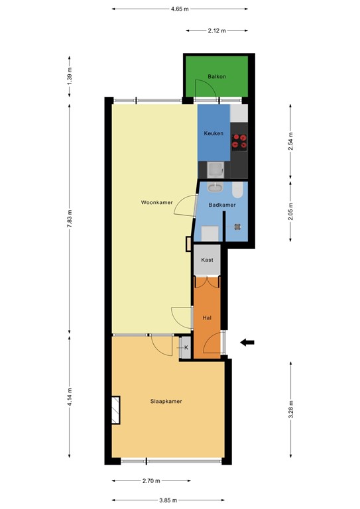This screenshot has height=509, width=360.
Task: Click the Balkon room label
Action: coord(216,77)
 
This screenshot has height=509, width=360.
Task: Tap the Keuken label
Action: coord(213,133)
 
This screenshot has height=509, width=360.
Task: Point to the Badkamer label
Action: coord(221,205)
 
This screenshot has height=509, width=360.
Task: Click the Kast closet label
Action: coord(207,260)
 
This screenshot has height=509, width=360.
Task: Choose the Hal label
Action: coord(207,318)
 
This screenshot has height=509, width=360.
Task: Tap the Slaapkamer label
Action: coord(166,401)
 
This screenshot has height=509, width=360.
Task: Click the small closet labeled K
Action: coord(186,347)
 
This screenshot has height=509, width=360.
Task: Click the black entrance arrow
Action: coord(247,342)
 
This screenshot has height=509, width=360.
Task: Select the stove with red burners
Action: coord(239,141)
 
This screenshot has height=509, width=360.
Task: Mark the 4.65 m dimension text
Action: coord(179,9)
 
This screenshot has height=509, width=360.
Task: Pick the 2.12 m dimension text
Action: coord(217,30)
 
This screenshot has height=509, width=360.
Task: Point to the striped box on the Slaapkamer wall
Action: coord(116,410)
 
